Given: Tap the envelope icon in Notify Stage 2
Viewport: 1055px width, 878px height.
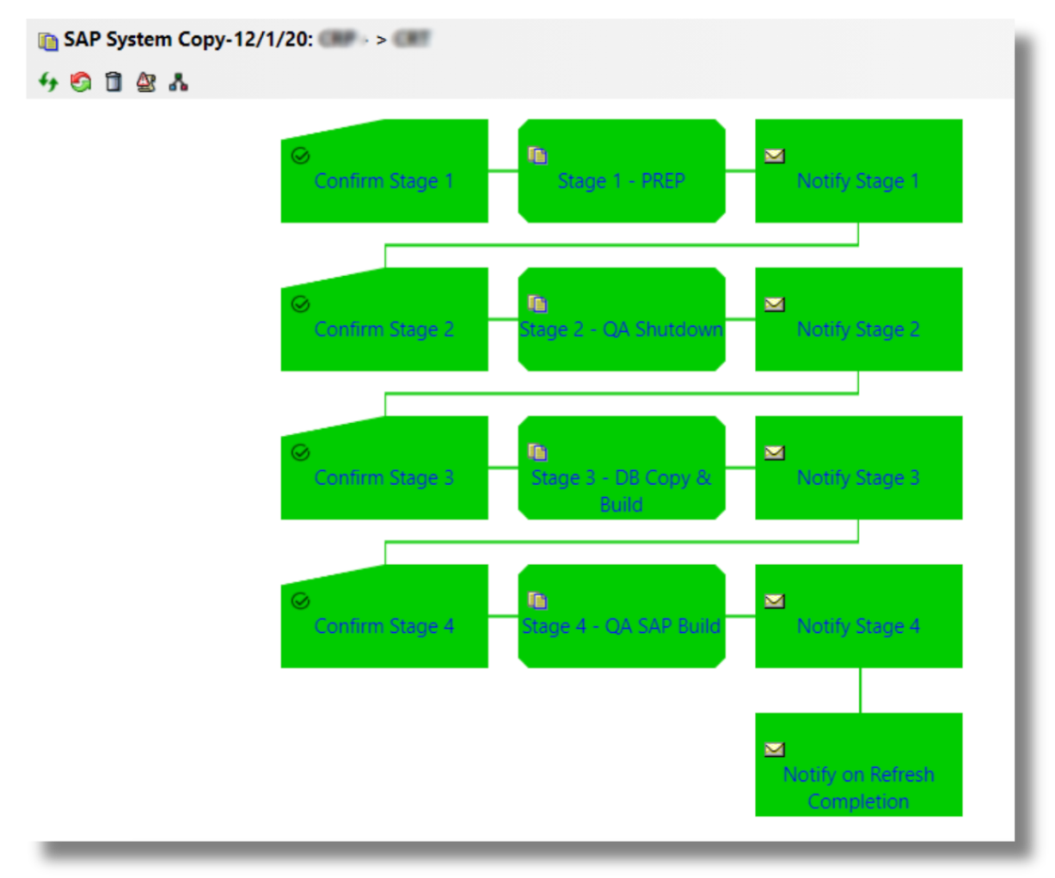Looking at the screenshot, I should click(x=775, y=304).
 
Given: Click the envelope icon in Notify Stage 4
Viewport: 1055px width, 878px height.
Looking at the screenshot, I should click(x=775, y=601).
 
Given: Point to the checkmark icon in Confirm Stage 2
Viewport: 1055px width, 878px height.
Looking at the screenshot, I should click(x=300, y=304).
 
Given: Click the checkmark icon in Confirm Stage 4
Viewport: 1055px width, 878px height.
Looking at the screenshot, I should click(x=300, y=601).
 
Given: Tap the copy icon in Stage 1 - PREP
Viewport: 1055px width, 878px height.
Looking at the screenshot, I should click(x=537, y=156).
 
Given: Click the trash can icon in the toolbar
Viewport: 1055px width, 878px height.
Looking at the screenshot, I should click(x=113, y=83).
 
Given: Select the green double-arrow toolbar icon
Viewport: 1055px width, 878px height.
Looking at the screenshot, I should click(x=48, y=83).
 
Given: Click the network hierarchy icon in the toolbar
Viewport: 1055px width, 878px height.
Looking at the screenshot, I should click(x=179, y=83).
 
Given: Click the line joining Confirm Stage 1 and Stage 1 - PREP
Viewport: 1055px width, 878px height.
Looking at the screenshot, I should click(x=503, y=171).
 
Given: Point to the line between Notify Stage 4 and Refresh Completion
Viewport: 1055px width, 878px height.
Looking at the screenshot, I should click(x=860, y=690).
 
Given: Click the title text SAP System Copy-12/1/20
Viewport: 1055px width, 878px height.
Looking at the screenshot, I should click(x=188, y=40).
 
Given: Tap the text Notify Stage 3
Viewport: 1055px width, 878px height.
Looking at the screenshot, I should click(x=858, y=478).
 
